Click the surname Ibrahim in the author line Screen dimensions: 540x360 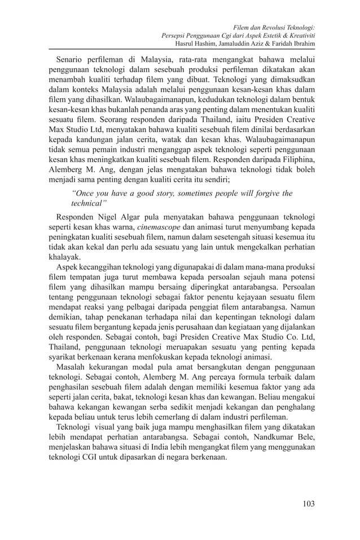pos(301,43)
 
